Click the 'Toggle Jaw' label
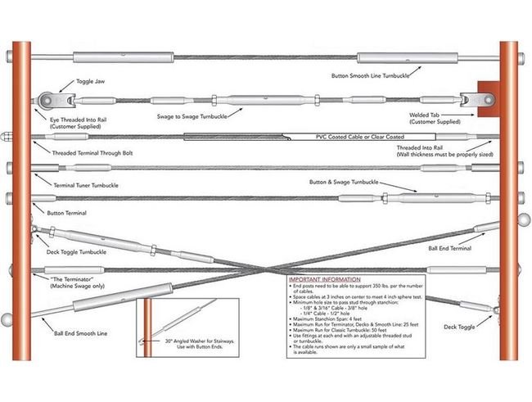(90, 83)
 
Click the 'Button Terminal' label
(66, 212)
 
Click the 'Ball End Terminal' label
(449, 246)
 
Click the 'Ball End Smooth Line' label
(80, 333)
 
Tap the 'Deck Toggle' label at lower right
(459, 327)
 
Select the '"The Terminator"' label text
(63, 278)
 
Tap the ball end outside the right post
(524, 219)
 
